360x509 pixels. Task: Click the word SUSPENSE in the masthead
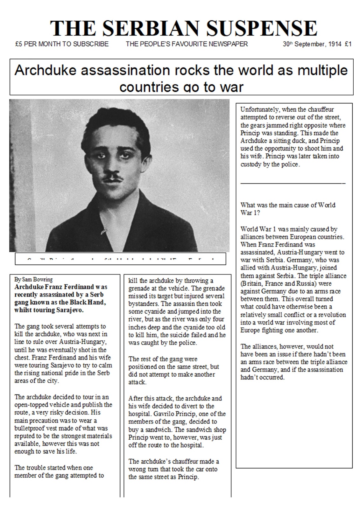coord(262,29)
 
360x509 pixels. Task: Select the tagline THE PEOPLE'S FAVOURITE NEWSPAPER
coord(187,44)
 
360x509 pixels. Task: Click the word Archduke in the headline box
coord(45,70)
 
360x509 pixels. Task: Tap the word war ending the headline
coord(232,87)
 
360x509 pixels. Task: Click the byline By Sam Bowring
coord(33,279)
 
